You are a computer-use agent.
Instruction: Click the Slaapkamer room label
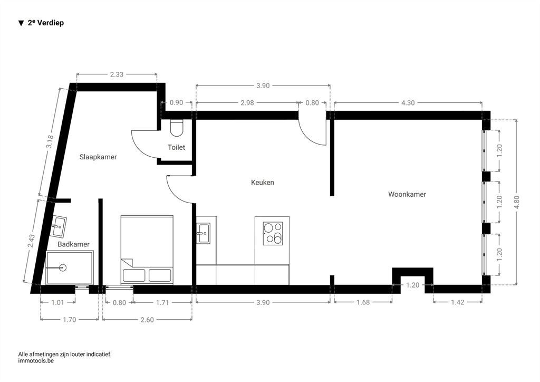click(x=98, y=157)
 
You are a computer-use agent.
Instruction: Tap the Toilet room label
click(x=176, y=147)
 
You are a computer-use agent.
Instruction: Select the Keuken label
click(x=263, y=183)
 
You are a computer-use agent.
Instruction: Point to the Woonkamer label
click(x=407, y=194)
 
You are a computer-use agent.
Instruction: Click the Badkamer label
click(x=73, y=244)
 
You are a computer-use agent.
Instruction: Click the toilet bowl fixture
click(x=177, y=128)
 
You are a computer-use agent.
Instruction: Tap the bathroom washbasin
click(x=58, y=226)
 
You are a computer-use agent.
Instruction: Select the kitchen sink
click(x=203, y=233)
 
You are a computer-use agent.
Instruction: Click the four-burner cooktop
click(x=273, y=234)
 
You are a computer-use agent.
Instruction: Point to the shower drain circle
click(x=63, y=268)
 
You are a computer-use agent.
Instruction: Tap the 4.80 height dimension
click(x=516, y=202)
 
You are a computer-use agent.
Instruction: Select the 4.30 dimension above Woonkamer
click(x=408, y=103)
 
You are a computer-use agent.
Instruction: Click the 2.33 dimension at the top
click(x=117, y=74)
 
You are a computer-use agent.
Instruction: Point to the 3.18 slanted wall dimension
click(x=50, y=141)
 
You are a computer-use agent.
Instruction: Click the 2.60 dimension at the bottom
click(x=147, y=320)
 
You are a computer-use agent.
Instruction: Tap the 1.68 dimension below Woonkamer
click(x=363, y=302)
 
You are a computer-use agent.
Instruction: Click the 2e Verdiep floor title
click(x=41, y=23)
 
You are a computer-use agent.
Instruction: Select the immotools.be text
click(x=36, y=361)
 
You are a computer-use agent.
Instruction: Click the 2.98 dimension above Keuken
click(x=247, y=103)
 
